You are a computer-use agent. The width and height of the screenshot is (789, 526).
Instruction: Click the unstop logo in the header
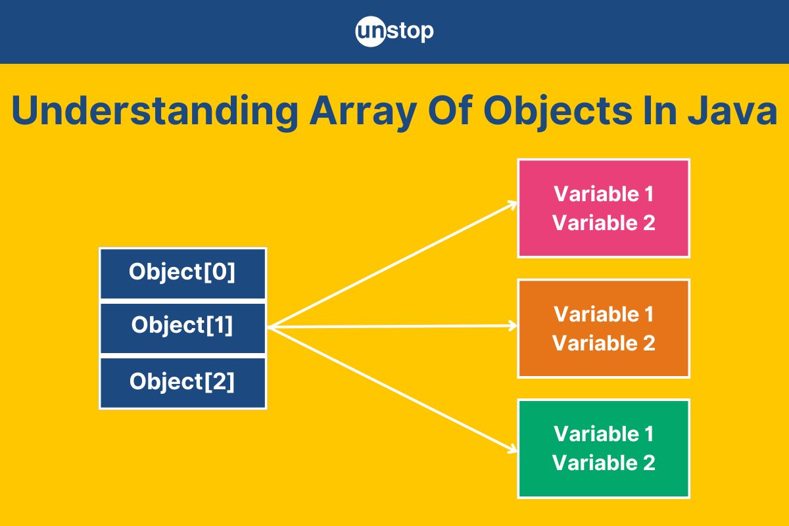pos(394,32)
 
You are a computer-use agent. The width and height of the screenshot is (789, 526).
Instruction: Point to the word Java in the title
pos(732,110)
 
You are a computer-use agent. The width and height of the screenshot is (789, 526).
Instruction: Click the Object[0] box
pos(183,274)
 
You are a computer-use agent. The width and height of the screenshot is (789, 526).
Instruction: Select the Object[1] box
pos(183,328)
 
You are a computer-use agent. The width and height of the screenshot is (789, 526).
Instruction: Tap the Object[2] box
pos(183,383)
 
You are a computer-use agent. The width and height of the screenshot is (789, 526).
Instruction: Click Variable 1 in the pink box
pos(604,194)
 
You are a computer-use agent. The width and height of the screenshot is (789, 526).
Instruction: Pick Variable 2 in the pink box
pos(604,223)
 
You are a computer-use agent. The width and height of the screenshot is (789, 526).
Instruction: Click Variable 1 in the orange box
pos(604,314)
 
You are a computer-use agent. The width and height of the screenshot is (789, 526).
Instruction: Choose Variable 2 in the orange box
pos(604,343)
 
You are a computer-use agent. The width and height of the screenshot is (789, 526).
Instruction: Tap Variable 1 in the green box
pos(604,434)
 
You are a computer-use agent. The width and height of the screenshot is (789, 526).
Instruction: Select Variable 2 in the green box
pos(604,463)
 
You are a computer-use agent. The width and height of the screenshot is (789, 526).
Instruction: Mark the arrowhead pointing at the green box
pos(512,449)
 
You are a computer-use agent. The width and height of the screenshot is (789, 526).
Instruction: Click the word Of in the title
pos(450,110)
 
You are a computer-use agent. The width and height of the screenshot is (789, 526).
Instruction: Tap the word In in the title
pos(660,110)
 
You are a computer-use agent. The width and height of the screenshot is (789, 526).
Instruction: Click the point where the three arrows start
pos(270,327)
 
